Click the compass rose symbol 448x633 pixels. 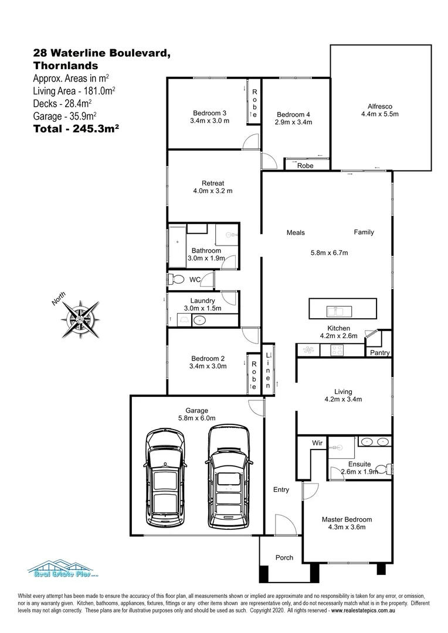(x=79, y=319)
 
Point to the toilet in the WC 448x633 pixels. (x=175, y=278)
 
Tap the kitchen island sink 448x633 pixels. (x=338, y=308)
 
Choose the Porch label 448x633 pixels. (x=284, y=557)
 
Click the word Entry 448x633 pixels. (x=281, y=489)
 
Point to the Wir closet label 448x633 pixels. (x=317, y=443)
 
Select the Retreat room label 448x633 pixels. (x=213, y=183)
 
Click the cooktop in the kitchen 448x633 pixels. (x=337, y=350)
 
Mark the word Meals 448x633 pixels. (x=296, y=233)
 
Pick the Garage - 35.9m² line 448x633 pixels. (x=65, y=115)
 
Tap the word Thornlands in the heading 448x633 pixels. (x=66, y=66)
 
